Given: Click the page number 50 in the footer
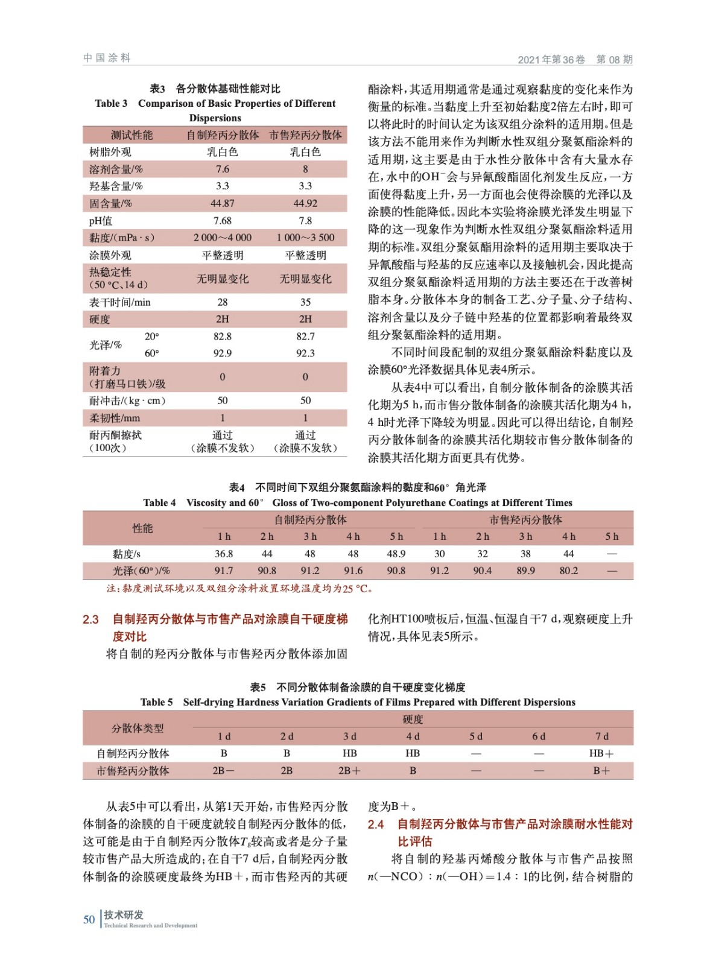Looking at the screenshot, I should pos(89,919).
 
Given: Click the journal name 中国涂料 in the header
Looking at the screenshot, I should pos(107,58).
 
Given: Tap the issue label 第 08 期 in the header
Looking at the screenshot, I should pos(614,59).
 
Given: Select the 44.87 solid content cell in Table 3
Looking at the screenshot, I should pos(222,203).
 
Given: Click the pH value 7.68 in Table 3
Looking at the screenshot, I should pos(222,221).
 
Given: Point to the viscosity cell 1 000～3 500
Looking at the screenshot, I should pos(305,238).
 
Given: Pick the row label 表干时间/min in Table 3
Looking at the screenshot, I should pos(119,302).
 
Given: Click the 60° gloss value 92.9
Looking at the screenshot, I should pos(222,353).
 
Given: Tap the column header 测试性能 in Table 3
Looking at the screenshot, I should pos(131,135).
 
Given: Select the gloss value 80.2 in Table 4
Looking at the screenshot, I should pos(568,571).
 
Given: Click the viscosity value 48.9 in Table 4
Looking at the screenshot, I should pos(396,554).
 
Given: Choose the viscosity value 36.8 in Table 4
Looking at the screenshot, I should pos(224,554).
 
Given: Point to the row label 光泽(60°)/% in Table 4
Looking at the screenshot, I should pos(141,571).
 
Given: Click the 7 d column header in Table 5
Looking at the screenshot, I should pos(601,736).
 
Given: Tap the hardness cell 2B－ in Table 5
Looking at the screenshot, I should pos(223,771).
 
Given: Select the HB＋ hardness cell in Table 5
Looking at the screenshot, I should pos(601,753).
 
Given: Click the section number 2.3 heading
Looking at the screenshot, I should pos(90,619).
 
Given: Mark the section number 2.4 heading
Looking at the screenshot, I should pos(375,824).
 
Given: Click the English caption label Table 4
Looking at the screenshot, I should pos(159,502).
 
